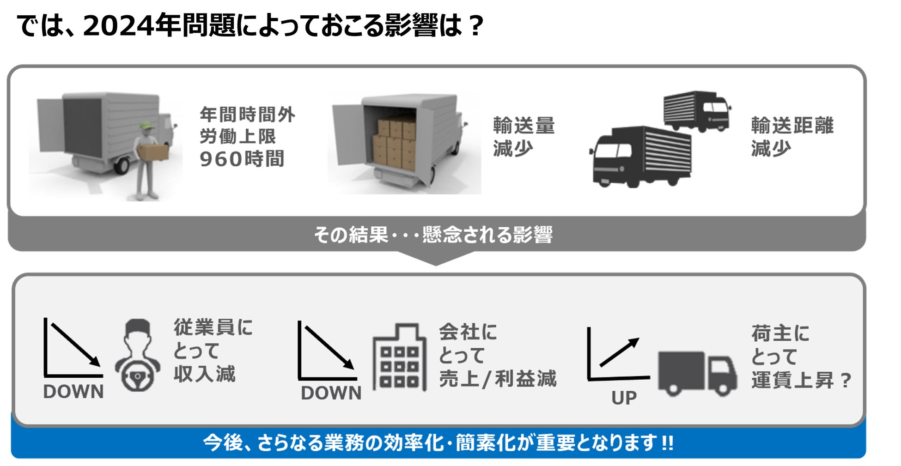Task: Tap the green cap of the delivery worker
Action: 146,125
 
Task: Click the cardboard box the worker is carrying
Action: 153,152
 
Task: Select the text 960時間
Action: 242,159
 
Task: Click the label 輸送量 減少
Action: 523,137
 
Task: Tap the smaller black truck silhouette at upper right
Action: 696,111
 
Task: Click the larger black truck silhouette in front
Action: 641,157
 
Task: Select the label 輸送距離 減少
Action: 792,137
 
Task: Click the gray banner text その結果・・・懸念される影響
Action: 433,235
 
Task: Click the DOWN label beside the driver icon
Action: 73,392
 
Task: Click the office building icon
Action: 399,357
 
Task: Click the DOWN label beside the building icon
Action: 331,393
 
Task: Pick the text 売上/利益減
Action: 498,379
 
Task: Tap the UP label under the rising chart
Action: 624,398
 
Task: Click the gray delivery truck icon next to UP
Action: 697,373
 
